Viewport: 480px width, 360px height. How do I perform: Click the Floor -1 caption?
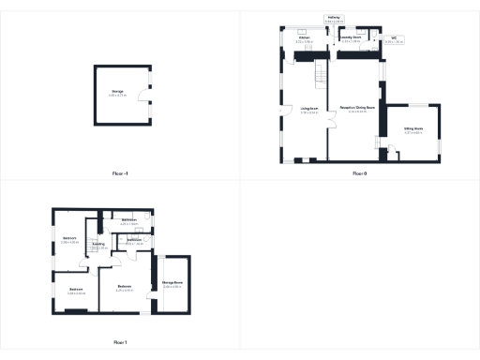pyautogui.click(x=119, y=174)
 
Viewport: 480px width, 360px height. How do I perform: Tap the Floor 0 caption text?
pyautogui.click(x=359, y=174)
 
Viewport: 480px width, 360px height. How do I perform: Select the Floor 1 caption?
pyautogui.click(x=119, y=342)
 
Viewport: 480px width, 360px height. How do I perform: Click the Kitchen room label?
pyautogui.click(x=305, y=40)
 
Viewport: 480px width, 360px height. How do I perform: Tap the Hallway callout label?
pyautogui.click(x=333, y=18)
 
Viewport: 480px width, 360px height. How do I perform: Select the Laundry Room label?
pyautogui.click(x=351, y=40)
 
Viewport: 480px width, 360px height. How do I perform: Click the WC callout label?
pyautogui.click(x=394, y=40)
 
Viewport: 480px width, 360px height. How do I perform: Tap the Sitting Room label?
pyautogui.click(x=412, y=130)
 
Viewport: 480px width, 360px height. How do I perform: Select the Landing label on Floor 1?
pyautogui.click(x=97, y=243)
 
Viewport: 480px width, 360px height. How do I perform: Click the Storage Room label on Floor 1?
pyautogui.click(x=172, y=283)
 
